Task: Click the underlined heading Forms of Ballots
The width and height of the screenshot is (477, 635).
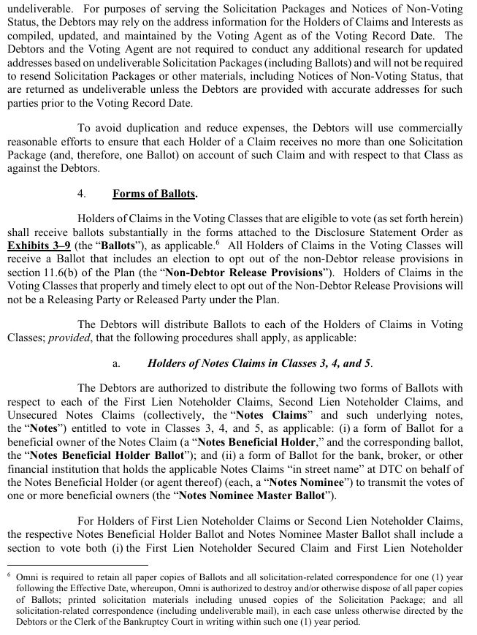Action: [x=154, y=194]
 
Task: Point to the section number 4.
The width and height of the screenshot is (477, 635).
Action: [x=82, y=194]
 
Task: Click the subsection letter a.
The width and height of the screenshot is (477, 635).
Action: [x=115, y=362]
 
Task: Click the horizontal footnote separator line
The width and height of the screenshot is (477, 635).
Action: [x=77, y=564]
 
